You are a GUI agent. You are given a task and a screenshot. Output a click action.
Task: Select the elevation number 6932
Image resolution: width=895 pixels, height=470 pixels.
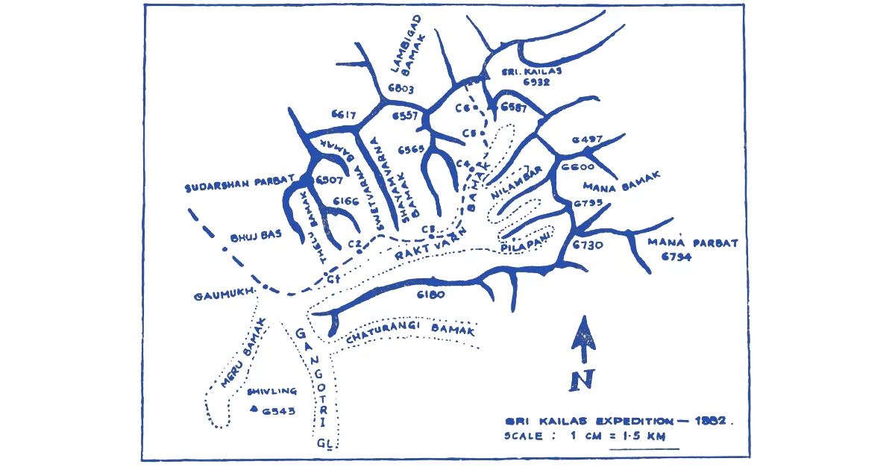(x=536, y=82)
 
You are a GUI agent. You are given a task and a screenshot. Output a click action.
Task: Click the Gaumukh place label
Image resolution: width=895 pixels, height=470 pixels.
(x=222, y=294)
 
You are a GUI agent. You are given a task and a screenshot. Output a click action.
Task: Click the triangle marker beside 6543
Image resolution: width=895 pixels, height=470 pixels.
(x=254, y=408)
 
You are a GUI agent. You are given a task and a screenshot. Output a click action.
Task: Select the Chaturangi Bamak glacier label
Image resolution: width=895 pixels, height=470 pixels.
(x=409, y=333)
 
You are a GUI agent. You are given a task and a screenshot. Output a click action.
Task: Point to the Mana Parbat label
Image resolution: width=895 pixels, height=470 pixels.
(x=693, y=242)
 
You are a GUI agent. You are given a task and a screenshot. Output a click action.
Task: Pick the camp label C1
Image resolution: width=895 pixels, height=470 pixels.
(x=333, y=279)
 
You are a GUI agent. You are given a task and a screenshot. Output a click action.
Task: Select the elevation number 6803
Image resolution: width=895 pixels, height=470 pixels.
(x=401, y=90)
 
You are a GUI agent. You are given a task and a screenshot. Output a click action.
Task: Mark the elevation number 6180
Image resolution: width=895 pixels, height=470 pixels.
(x=430, y=294)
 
